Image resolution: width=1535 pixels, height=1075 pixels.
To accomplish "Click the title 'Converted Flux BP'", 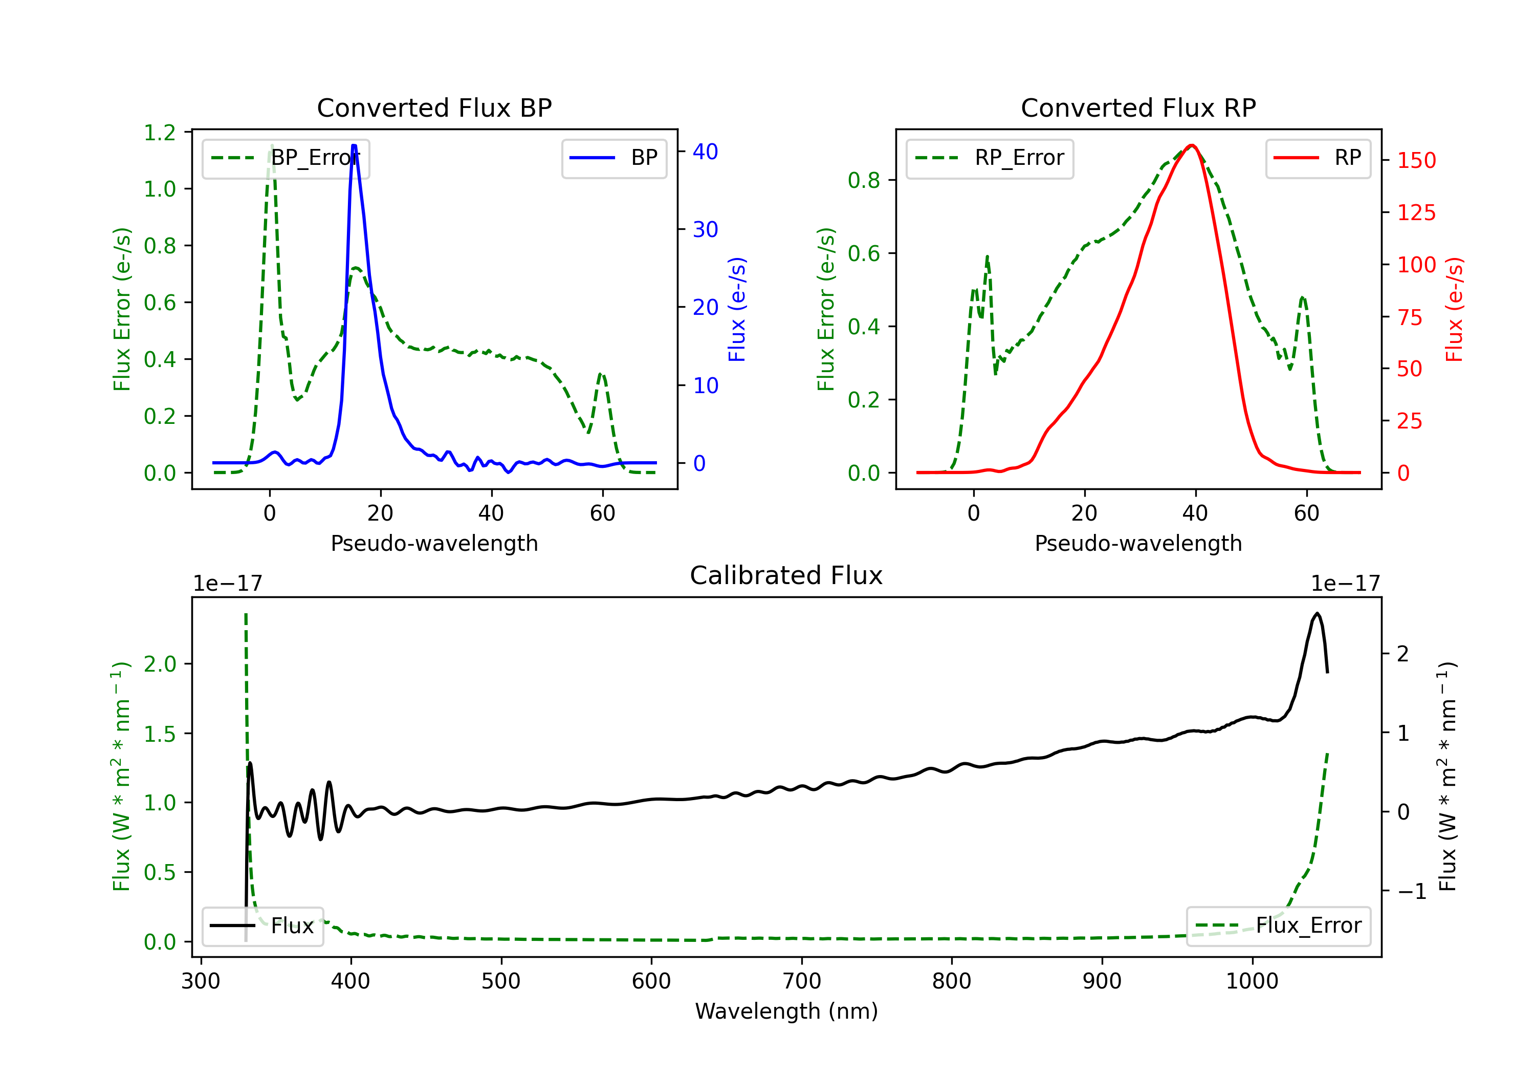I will pos(434,107).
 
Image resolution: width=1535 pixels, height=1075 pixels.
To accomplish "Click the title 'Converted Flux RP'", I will pos(1138,107).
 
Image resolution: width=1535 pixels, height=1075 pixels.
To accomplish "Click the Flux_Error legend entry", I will pos(1278,926).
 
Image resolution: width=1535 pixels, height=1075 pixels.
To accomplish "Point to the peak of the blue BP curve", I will pos(354,146).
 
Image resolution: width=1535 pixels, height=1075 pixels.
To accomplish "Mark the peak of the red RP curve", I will pos(1191,145).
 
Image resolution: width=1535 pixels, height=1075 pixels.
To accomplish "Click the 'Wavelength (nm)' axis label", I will pos(786,1011).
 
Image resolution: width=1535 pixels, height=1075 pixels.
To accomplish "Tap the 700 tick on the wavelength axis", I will pos(802,981).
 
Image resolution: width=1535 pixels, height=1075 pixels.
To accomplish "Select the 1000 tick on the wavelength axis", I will pos(1252,981).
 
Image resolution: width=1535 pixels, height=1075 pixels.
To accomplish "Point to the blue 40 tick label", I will pos(705,152).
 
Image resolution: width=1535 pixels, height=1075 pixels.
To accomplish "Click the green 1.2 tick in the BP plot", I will pos(160,133).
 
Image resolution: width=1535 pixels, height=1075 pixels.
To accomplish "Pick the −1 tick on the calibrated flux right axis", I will pos(1411,891).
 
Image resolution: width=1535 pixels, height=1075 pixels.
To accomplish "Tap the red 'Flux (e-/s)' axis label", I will pos(1455,309).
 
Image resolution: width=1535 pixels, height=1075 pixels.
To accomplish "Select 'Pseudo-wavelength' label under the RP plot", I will pos(1138,543).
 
